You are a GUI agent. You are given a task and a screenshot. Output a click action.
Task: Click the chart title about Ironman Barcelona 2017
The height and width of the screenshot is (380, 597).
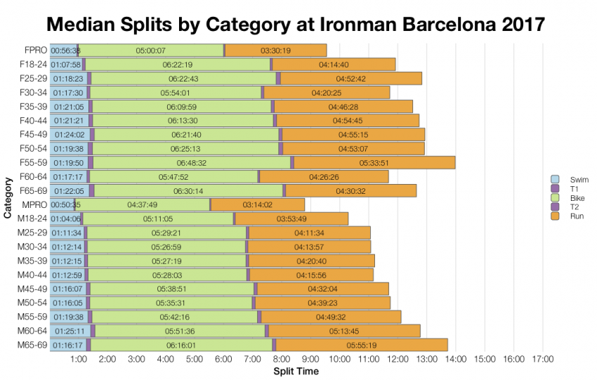tap(296, 24)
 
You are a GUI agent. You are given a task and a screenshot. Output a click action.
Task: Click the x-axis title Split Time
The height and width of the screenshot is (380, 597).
tap(296, 372)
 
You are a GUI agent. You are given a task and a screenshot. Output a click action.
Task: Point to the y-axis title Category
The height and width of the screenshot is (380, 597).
tap(8, 198)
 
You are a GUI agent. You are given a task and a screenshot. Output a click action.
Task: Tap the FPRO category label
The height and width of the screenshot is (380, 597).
tap(34, 51)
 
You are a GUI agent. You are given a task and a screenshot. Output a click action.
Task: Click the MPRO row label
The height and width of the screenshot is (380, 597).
tap(34, 204)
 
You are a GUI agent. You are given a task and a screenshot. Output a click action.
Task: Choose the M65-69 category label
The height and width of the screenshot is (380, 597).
tap(32, 345)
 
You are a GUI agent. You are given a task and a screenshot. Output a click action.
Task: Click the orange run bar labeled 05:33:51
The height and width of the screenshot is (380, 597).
tap(374, 163)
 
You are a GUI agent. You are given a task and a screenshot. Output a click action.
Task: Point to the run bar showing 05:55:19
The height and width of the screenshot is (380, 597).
tap(361, 345)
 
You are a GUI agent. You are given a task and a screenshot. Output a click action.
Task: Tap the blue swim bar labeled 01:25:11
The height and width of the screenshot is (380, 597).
tap(70, 331)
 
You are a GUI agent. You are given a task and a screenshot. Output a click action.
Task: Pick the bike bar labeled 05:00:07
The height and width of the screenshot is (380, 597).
tap(150, 51)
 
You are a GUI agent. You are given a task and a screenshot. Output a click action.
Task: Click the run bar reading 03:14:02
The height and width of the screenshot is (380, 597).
tap(257, 204)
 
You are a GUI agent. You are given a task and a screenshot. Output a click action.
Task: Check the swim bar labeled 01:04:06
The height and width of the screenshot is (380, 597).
tap(65, 218)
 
